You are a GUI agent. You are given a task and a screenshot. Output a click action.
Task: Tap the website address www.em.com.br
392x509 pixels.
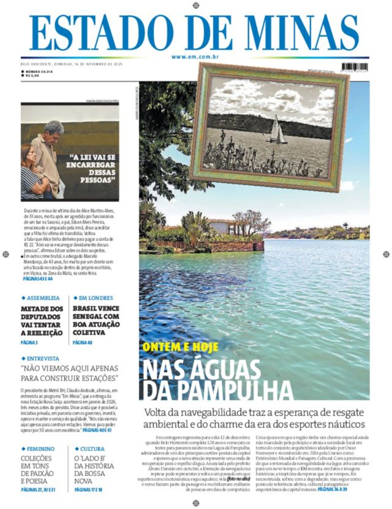click(x=195, y=57)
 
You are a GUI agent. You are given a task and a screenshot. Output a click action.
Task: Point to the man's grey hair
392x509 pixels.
click(x=54, y=127)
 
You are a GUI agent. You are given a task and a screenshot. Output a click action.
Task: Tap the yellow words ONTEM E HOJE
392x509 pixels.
click(x=180, y=347)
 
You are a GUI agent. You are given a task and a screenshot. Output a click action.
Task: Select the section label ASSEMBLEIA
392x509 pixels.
click(x=43, y=298)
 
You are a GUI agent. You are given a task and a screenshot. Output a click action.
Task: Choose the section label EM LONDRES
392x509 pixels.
click(x=96, y=298)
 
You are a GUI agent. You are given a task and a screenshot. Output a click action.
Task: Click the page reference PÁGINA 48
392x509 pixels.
click(x=82, y=343)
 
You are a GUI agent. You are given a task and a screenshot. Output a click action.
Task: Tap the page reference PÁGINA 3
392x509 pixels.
click(x=29, y=343)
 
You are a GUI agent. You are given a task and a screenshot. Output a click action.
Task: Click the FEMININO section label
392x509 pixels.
click(x=40, y=449)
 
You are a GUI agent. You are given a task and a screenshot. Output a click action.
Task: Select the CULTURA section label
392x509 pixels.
click(x=92, y=449)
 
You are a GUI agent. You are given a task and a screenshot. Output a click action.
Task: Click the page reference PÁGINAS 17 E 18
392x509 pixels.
click(x=88, y=489)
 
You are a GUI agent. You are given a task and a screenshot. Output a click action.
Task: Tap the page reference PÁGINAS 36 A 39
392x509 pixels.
click(x=332, y=489)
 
